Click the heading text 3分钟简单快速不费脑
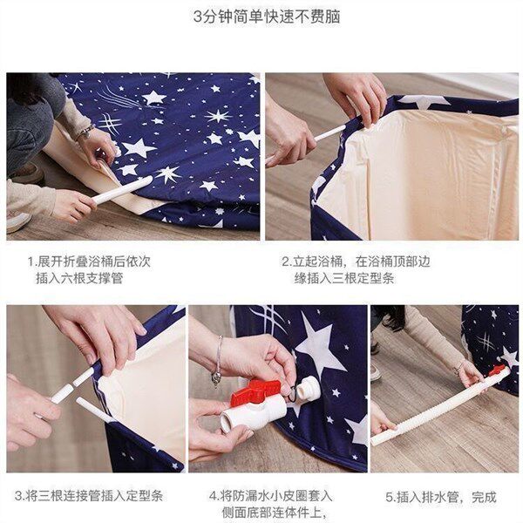tap(267, 17)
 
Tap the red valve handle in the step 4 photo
tap(255, 392)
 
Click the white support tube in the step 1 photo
tap(122, 189)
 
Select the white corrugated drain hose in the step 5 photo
tap(440, 406)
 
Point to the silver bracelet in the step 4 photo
tap(218, 361)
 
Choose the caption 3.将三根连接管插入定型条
tap(89, 496)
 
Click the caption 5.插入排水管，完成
tap(441, 497)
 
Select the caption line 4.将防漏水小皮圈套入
tap(271, 496)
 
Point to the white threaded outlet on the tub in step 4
tap(309, 390)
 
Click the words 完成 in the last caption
tap(485, 497)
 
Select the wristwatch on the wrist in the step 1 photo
tap(85, 132)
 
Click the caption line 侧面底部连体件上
tap(274, 513)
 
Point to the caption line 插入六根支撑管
tap(79, 278)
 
